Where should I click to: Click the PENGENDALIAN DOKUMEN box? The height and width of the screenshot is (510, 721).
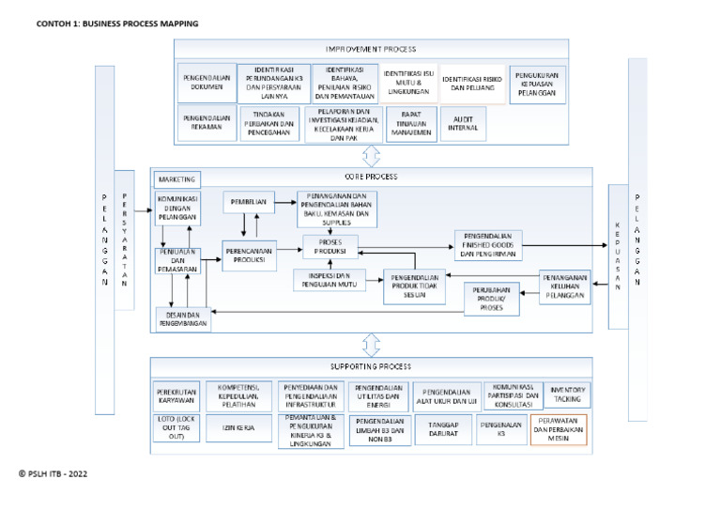207,83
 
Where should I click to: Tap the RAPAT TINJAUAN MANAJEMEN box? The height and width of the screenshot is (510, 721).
410,124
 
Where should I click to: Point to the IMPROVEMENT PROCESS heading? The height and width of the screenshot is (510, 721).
371,49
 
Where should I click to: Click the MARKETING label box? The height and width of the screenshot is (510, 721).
177,178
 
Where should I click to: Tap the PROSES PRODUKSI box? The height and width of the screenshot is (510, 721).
330,247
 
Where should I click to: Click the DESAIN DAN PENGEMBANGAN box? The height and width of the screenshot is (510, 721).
183,319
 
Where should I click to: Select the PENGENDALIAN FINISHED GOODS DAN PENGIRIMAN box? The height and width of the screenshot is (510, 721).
488,245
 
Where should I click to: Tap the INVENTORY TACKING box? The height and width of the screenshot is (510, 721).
566,394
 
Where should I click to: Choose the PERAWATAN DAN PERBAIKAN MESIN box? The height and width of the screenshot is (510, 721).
558,430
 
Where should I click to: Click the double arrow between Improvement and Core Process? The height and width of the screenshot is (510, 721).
371,156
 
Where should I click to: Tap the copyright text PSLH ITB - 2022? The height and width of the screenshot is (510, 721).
54,474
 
